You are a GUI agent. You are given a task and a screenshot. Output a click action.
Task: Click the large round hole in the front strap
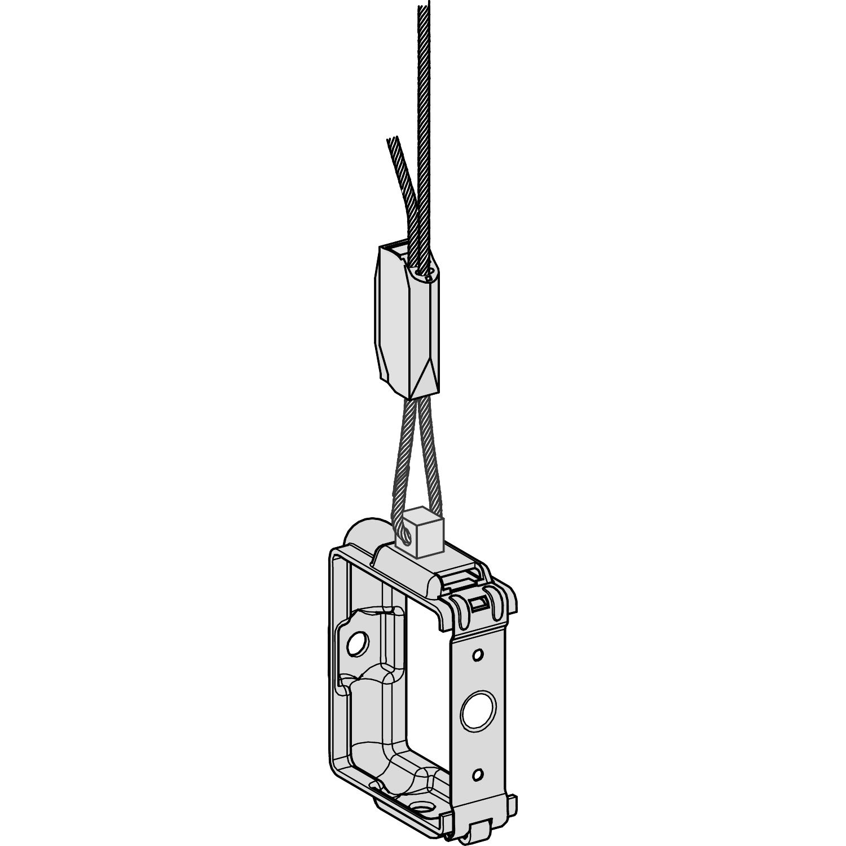pos(477,712)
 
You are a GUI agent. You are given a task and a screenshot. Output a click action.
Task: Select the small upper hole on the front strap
pos(478,655)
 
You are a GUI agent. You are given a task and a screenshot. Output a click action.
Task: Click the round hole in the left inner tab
pos(356,643)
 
